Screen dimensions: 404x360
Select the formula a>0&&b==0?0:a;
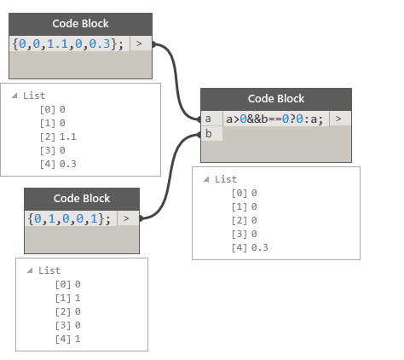pos(274,119)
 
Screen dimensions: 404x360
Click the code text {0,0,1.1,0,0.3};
pos(68,44)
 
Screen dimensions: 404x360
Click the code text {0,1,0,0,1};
pos(69,218)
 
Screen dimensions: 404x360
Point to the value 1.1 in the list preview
pos(68,136)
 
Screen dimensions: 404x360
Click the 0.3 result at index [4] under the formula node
pos(260,247)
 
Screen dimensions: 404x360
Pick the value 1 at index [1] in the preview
pos(78,298)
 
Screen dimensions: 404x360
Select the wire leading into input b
pos(170,177)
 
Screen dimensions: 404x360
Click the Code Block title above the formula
pos(276,99)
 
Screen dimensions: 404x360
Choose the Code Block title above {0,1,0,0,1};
pos(82,199)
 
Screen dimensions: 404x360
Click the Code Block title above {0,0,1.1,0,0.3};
pos(80,24)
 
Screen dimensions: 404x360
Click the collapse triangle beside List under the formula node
pos(206,179)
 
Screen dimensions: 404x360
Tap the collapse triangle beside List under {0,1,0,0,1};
pos(30,270)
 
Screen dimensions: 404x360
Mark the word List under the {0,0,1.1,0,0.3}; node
pos(34,96)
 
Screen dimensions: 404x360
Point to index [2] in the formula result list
pos(240,220)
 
